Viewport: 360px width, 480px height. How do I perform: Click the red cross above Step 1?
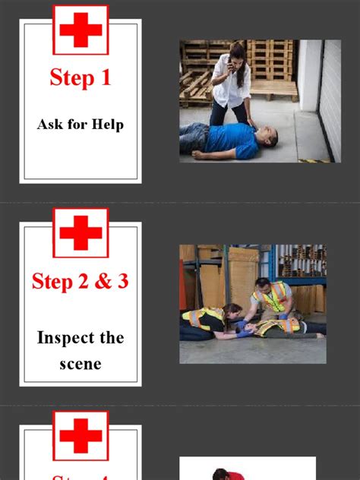pyautogui.click(x=81, y=30)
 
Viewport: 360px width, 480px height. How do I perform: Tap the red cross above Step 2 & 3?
pyautogui.click(x=81, y=232)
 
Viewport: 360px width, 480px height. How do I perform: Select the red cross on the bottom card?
pyautogui.click(x=81, y=436)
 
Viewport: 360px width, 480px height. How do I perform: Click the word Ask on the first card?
pyautogui.click(x=50, y=124)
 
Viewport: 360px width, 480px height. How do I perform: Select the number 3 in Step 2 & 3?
pyautogui.click(x=122, y=281)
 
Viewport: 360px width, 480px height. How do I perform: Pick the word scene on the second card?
pyautogui.click(x=80, y=363)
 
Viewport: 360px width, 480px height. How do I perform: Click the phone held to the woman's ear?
pyautogui.click(x=231, y=64)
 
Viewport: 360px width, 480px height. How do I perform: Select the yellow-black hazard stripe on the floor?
pyautogui.click(x=314, y=159)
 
